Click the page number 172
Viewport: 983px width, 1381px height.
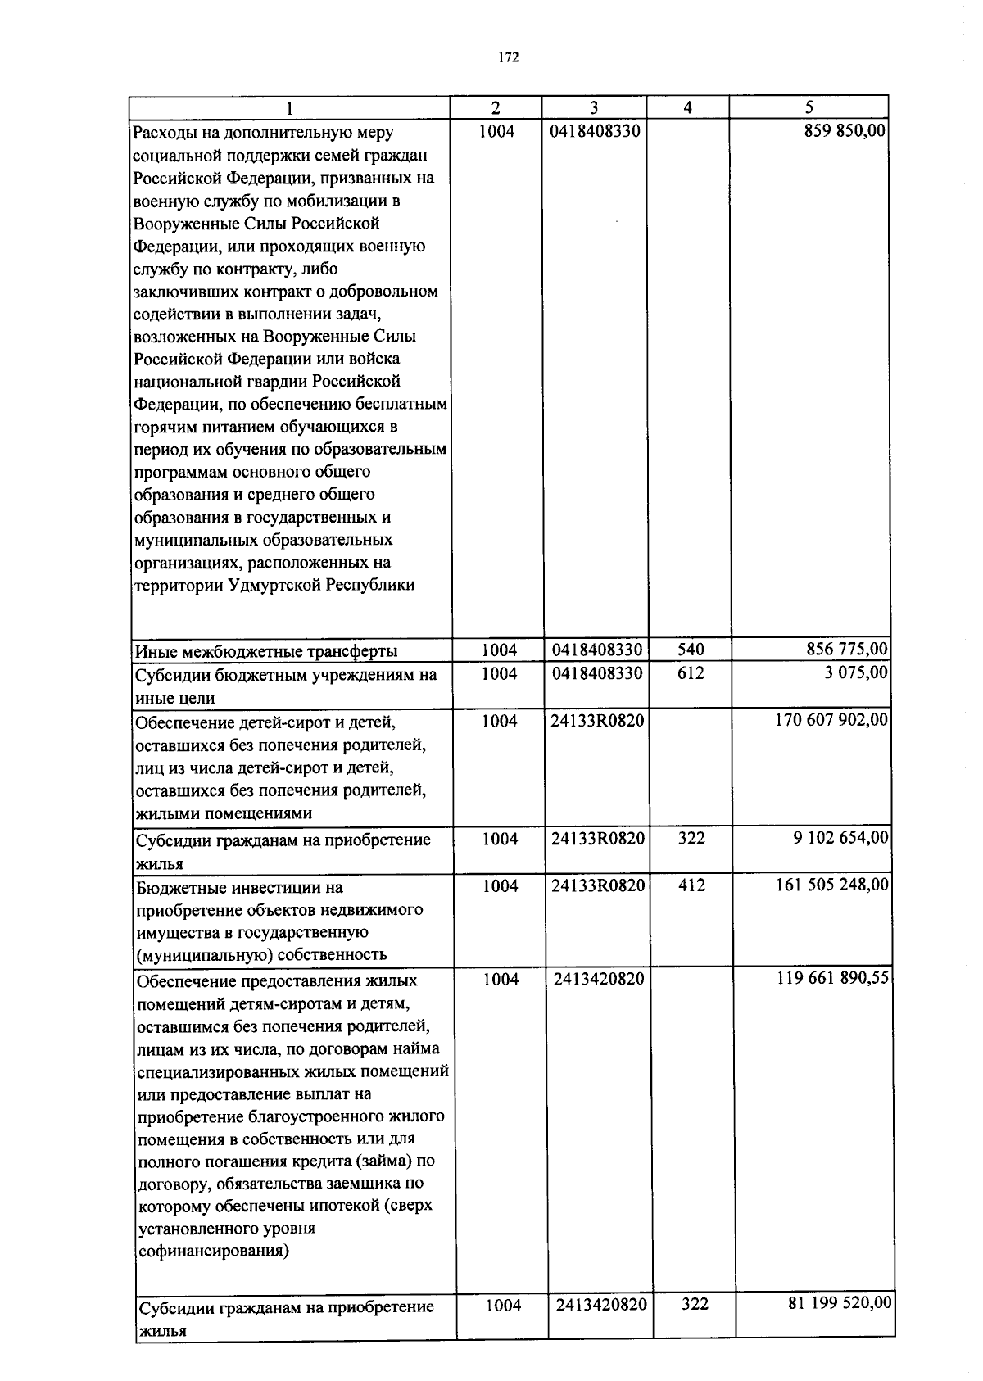pos(509,57)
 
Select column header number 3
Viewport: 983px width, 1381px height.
pos(594,107)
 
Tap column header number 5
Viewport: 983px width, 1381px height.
pos(809,107)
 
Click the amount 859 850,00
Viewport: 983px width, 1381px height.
pos(845,131)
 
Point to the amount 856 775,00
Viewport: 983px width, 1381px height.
pos(847,650)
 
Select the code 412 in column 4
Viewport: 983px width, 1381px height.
pos(692,885)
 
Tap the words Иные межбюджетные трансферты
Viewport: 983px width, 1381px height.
pos(267,652)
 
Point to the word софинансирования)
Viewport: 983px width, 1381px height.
pos(214,1252)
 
